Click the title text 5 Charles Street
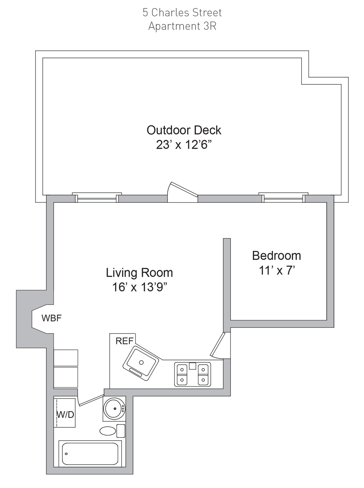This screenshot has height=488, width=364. (x=182, y=13)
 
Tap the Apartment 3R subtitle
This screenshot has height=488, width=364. (x=182, y=26)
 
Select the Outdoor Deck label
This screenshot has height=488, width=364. (x=184, y=130)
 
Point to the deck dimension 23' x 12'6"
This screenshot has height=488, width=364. (x=184, y=145)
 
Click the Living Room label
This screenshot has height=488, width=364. (x=139, y=273)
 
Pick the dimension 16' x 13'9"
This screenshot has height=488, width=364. (x=139, y=288)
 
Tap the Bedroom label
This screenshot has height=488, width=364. (x=276, y=256)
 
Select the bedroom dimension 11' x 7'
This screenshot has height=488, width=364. (x=276, y=271)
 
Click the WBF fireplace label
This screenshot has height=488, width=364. (x=51, y=318)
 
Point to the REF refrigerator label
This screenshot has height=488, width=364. (x=125, y=341)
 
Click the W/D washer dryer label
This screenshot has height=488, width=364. (x=65, y=415)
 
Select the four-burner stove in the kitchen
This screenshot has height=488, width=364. (x=192, y=374)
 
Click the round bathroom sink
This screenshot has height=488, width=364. (x=115, y=408)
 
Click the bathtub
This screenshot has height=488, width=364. (x=90, y=454)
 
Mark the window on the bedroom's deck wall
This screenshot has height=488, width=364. (x=283, y=198)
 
